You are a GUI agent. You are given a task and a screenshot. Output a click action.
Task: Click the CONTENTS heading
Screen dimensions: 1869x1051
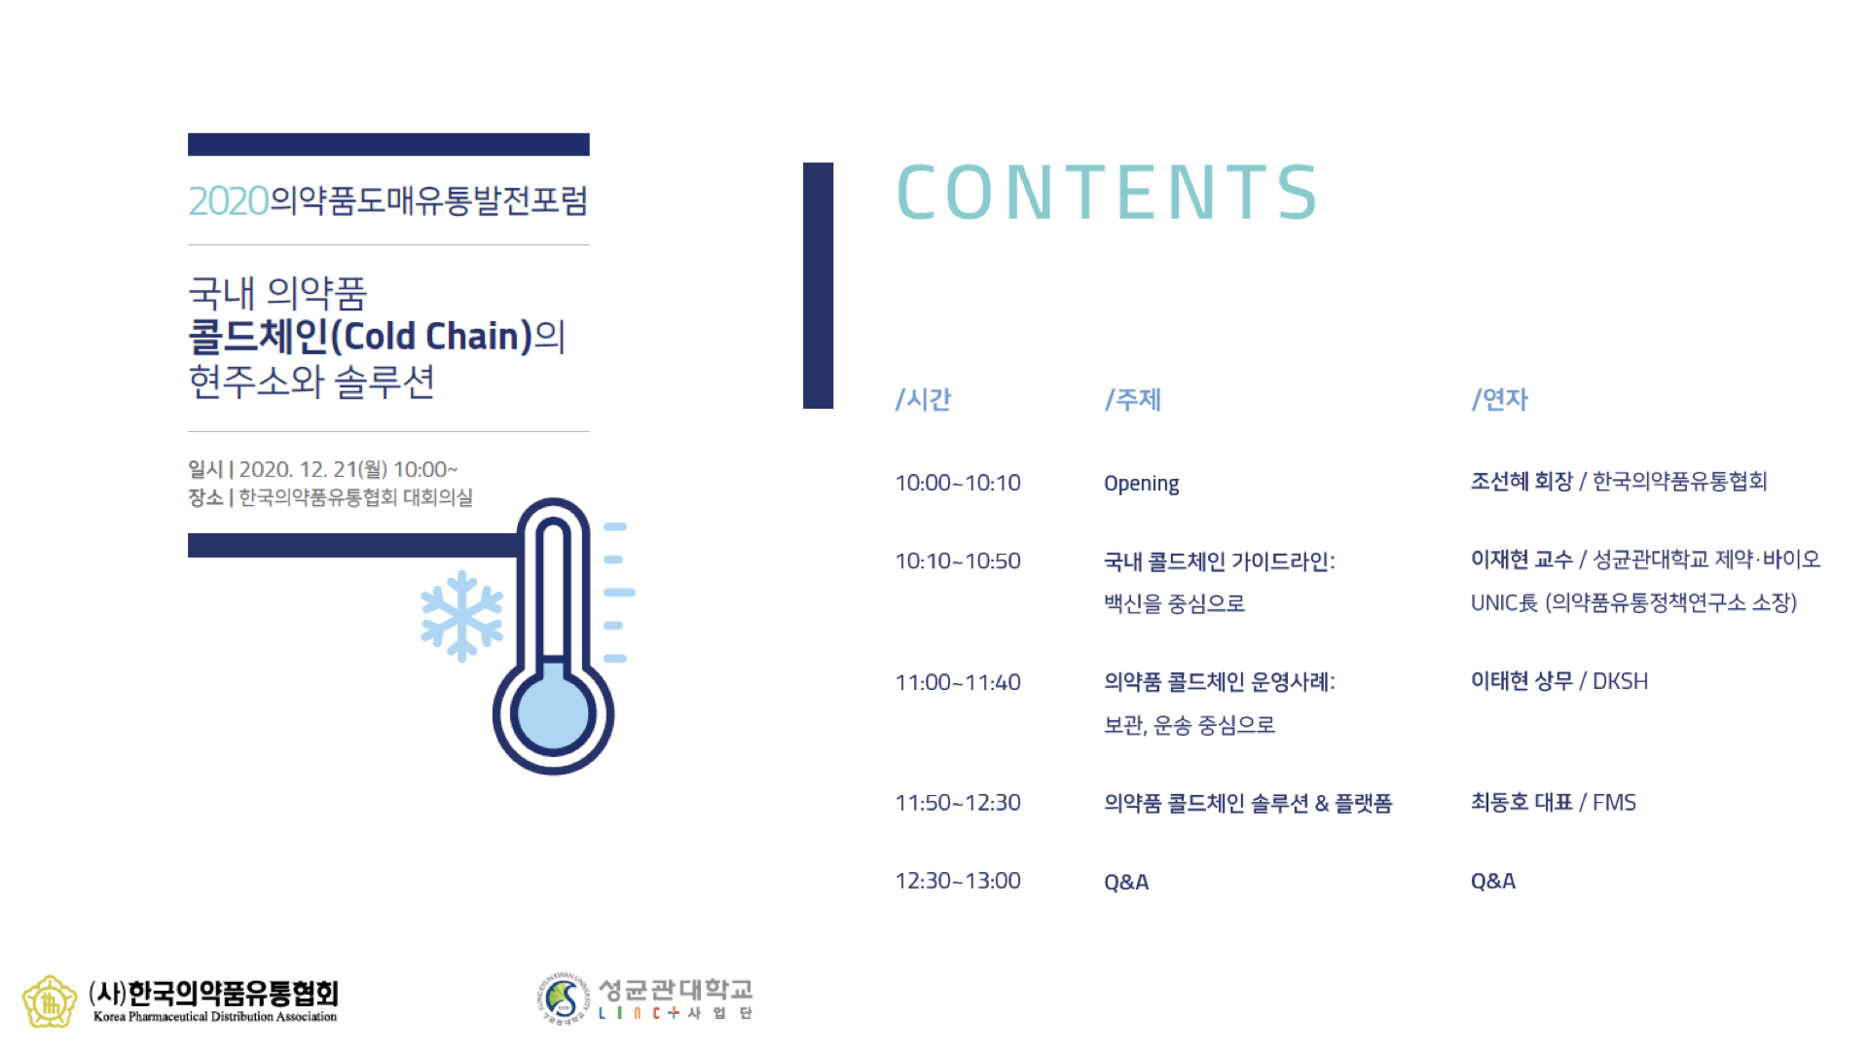[1107, 192]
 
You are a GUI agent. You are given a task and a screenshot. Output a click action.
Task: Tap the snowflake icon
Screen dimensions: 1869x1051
[461, 616]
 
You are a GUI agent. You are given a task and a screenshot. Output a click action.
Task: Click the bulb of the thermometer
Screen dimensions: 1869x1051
[553, 713]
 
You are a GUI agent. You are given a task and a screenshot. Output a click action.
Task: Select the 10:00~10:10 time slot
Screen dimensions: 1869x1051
[958, 483]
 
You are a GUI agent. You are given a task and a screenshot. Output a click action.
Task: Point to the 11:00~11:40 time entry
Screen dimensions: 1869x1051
[958, 682]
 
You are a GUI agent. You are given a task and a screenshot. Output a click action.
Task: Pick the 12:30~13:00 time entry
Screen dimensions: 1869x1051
[958, 881]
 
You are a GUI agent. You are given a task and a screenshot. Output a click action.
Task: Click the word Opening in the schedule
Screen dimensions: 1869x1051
[1141, 484]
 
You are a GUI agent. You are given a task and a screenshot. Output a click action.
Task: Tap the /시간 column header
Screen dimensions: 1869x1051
[923, 399]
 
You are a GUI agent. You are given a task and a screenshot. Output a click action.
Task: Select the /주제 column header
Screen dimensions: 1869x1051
[1133, 399]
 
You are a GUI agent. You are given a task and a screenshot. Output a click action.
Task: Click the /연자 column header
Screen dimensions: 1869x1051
[1500, 399]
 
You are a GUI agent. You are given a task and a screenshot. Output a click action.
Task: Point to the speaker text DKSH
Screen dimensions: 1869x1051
[1620, 681]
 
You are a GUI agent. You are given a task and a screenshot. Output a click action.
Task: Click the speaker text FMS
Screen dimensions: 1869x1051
[1614, 803]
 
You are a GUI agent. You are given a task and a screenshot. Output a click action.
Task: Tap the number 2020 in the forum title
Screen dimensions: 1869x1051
[229, 201]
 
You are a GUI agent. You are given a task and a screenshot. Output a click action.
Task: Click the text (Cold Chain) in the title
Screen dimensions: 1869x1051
[432, 337]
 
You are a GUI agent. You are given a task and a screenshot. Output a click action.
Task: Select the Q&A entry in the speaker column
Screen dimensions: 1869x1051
[1493, 882]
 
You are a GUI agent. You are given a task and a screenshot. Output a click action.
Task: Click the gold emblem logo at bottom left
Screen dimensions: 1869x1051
[50, 1001]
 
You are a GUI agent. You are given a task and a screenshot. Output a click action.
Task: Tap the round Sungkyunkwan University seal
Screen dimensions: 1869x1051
[564, 998]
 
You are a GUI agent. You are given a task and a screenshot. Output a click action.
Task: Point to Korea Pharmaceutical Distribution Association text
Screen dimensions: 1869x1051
[215, 1017]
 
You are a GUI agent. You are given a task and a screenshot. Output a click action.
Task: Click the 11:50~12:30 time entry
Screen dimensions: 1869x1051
[958, 803]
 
